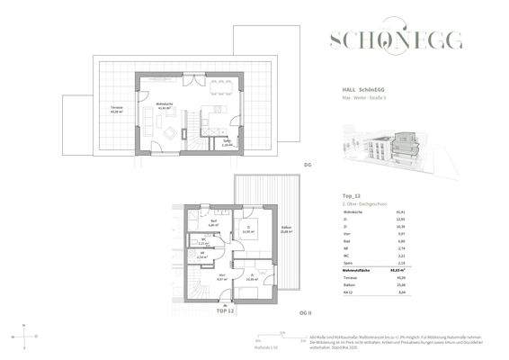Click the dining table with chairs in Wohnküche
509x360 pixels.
click(220, 89)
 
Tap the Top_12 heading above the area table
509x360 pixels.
click(352, 195)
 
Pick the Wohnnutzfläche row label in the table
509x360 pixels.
click(360, 269)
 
